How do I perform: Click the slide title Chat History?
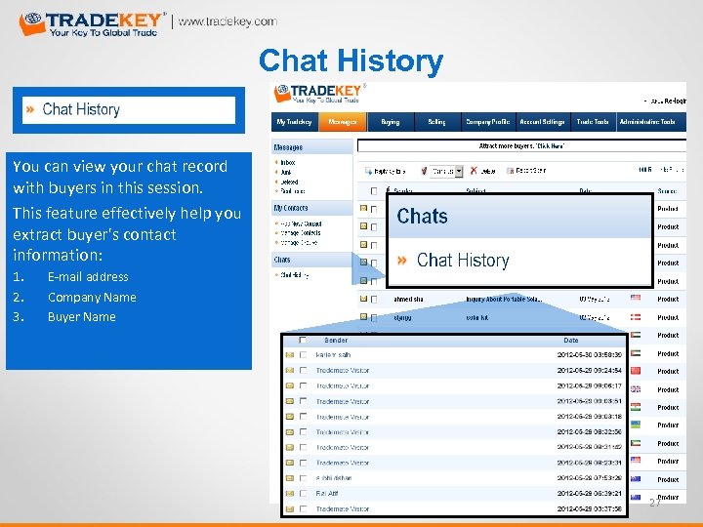(351, 61)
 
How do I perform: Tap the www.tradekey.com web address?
(227, 21)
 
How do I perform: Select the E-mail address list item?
(88, 277)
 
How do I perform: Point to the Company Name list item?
(92, 298)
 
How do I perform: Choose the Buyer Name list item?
(81, 317)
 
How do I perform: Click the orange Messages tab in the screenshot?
(342, 122)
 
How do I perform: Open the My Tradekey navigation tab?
(294, 122)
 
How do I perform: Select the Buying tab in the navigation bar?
(390, 122)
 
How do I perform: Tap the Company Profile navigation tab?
(486, 122)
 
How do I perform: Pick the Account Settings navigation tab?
(542, 122)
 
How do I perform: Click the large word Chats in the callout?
(423, 217)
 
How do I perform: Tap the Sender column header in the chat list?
(336, 341)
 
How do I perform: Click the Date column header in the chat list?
(571, 341)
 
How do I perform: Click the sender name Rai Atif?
(329, 494)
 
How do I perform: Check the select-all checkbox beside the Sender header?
(304, 341)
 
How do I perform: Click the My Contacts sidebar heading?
(291, 208)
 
